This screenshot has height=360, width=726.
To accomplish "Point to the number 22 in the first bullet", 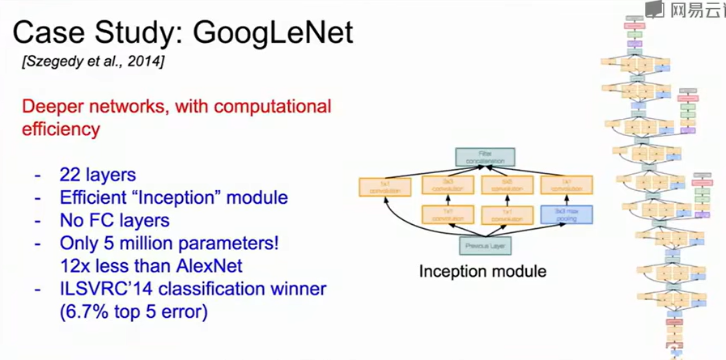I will pos(70,174).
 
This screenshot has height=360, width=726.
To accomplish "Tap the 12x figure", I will pos(74,265).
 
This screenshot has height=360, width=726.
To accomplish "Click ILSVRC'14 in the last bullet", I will pos(100,288).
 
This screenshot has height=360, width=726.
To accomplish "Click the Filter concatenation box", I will pos(485,156).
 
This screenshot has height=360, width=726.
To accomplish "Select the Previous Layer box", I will pos(485,245).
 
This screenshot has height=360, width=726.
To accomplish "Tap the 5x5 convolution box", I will pos(504,186).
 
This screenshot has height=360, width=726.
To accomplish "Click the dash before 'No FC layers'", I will pos(37,219).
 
